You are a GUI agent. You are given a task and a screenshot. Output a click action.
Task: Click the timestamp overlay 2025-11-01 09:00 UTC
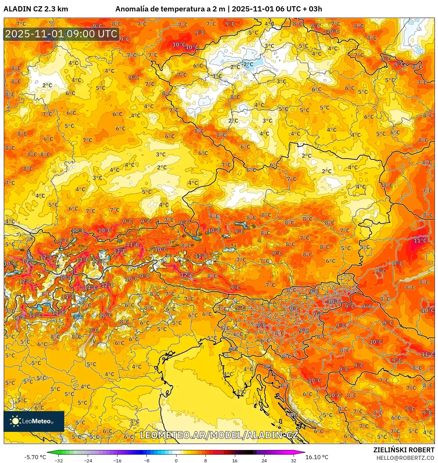61,34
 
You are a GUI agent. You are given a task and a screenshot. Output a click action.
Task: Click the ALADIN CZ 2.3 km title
36,9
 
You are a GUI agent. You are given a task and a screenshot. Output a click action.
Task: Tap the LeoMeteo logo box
34,421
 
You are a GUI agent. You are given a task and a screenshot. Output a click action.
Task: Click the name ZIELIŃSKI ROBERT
403,450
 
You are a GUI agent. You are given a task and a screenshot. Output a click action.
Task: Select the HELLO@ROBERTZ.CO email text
405,458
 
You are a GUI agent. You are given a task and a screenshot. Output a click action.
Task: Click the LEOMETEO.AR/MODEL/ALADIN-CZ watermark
219,435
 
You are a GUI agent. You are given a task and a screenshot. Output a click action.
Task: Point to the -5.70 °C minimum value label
35,457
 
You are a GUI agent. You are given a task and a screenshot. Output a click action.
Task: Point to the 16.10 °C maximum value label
317,457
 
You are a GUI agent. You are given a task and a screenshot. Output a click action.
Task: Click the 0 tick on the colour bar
176,461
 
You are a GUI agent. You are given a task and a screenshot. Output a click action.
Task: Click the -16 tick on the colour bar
117,461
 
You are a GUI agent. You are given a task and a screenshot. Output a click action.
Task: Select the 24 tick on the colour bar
264,461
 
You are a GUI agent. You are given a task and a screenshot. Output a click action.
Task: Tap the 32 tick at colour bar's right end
293,461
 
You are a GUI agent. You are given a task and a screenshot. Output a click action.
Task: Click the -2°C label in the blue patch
248,64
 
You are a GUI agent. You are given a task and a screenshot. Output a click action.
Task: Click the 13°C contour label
120,251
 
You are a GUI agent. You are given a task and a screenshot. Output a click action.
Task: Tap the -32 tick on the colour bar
59,461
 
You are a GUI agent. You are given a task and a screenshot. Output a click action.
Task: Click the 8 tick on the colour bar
206,461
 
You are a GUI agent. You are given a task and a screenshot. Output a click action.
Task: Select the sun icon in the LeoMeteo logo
15,421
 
